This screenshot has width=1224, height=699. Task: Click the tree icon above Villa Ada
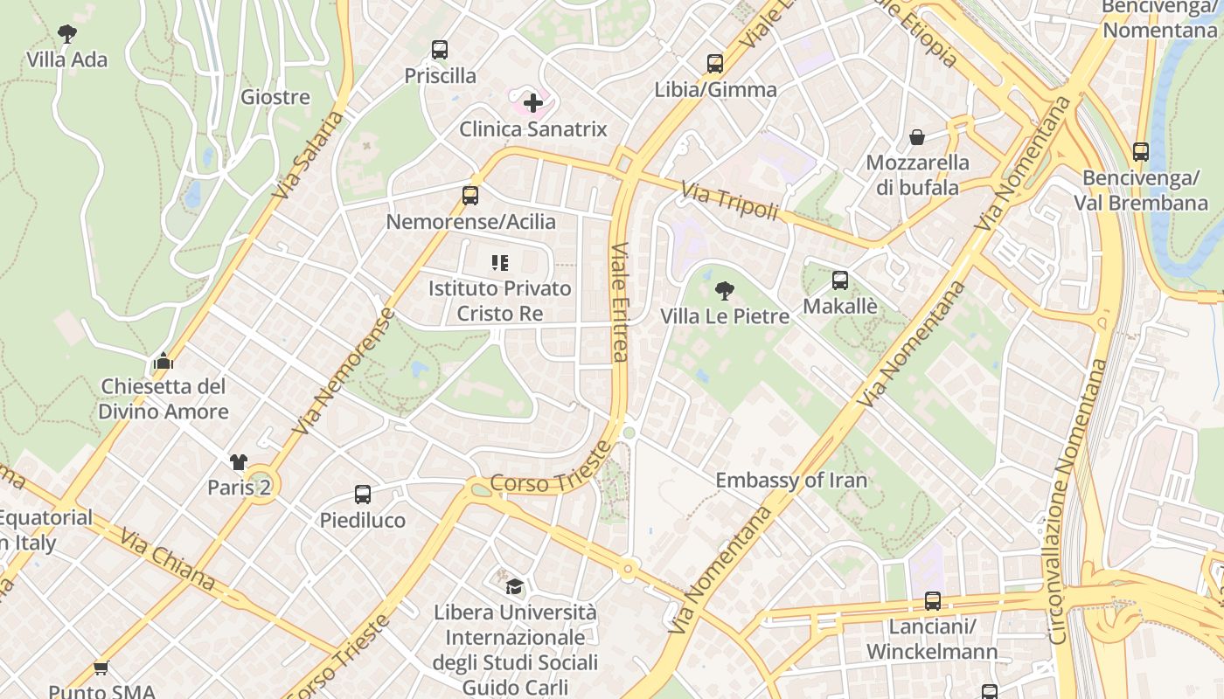pyautogui.click(x=67, y=34)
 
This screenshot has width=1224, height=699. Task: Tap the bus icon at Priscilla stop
pyautogui.click(x=440, y=50)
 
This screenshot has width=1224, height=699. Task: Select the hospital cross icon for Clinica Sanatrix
pyautogui.click(x=532, y=104)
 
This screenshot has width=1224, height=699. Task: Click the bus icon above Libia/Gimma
pyautogui.click(x=715, y=64)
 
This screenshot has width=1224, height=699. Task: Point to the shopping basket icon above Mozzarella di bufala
pyautogui.click(x=917, y=137)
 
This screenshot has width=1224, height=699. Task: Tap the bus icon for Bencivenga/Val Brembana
pyautogui.click(x=1141, y=152)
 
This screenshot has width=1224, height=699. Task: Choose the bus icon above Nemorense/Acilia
pyautogui.click(x=470, y=196)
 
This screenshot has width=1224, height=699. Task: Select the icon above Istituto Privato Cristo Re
pyautogui.click(x=500, y=262)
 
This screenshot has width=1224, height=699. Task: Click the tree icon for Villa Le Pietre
pyautogui.click(x=724, y=291)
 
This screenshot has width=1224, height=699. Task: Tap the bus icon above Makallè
pyautogui.click(x=840, y=280)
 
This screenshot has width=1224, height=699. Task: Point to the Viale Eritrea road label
pyautogui.click(x=620, y=301)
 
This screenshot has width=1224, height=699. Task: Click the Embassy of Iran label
pyautogui.click(x=791, y=481)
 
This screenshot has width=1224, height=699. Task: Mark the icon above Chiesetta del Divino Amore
pyautogui.click(x=163, y=361)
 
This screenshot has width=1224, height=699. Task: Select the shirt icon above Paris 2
pyautogui.click(x=239, y=461)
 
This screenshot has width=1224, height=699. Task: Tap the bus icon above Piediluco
pyautogui.click(x=363, y=495)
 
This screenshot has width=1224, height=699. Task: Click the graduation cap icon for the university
pyautogui.click(x=515, y=586)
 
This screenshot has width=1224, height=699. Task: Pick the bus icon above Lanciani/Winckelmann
pyautogui.click(x=933, y=601)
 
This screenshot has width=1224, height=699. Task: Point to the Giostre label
pyautogui.click(x=275, y=97)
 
